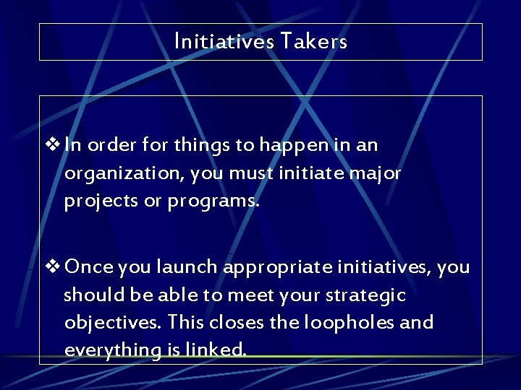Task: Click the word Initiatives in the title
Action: pos(223,42)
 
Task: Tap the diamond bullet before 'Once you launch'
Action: pos(54,267)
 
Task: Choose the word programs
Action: pos(213,201)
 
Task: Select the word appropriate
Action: pos(279,268)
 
